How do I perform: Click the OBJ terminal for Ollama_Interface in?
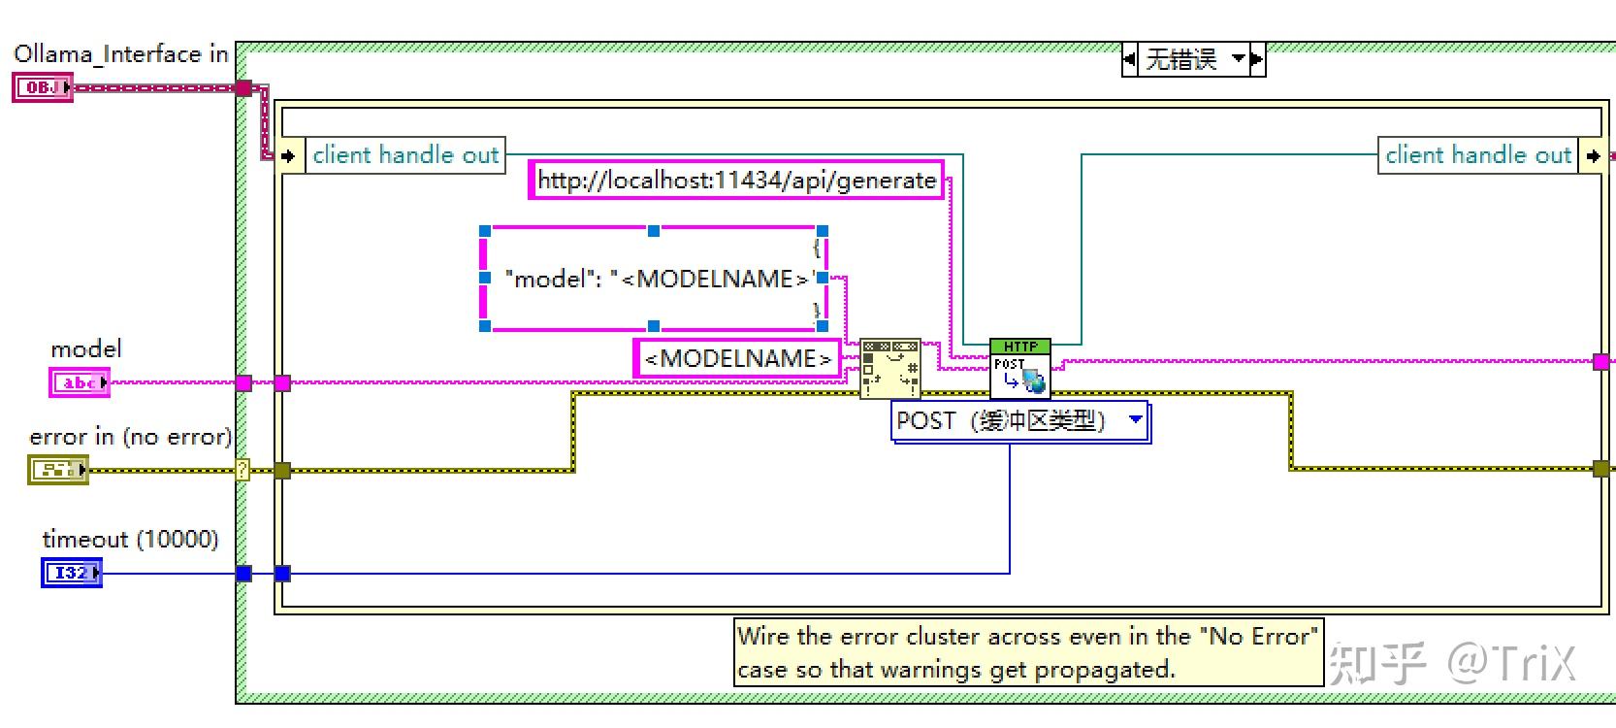tap(43, 87)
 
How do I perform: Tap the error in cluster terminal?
tap(58, 470)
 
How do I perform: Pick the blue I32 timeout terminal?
tap(72, 573)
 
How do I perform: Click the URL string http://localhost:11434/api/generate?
tap(736, 180)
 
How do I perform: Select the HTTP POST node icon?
tap(1020, 368)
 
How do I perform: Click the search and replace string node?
tap(890, 368)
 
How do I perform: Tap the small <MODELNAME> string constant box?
tap(737, 358)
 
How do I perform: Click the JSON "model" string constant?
tap(654, 279)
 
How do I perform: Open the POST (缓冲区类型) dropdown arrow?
tap(1136, 419)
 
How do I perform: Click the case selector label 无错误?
tap(1182, 58)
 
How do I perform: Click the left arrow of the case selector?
tap(1130, 58)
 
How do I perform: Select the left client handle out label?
tap(405, 154)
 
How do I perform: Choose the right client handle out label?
tap(1478, 154)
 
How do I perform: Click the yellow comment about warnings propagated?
tap(1029, 652)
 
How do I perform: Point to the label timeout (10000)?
tap(131, 539)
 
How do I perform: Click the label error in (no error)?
tap(131, 436)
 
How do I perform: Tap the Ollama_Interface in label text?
tap(121, 54)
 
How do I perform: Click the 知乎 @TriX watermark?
tap(1452, 662)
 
